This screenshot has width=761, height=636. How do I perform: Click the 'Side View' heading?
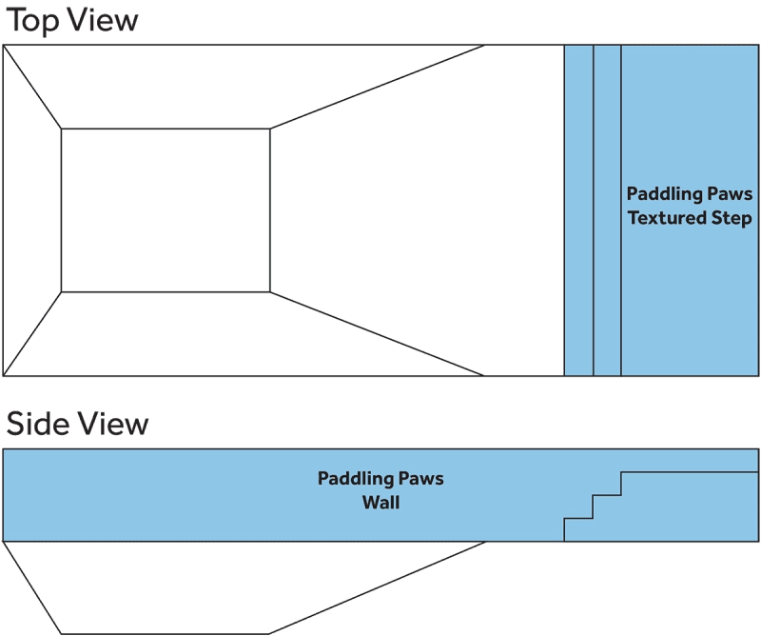click(77, 423)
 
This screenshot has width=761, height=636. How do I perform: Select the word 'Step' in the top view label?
click(733, 218)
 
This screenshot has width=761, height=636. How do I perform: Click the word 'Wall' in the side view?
click(380, 502)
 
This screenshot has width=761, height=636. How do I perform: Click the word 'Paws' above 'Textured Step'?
click(731, 194)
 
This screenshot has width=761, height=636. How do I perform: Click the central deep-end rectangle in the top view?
click(166, 209)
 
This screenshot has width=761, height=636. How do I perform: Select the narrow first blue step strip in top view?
click(578, 209)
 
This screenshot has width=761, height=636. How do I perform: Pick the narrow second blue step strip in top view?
click(607, 209)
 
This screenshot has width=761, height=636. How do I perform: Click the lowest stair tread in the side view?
click(578, 518)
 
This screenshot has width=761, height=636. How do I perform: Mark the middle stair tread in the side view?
click(607, 494)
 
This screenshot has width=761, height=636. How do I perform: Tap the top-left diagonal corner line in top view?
click(32, 86)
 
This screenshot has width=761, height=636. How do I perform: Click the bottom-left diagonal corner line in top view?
click(32, 333)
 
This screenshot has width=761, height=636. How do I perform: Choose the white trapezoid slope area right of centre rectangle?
click(400, 209)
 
